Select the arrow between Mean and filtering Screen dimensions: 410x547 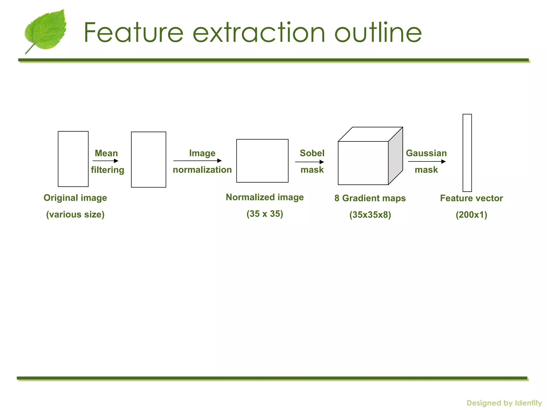105,161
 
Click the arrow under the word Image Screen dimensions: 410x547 197,161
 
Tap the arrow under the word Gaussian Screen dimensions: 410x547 427,161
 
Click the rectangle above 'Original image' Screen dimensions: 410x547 73,159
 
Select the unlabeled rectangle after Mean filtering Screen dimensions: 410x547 149,160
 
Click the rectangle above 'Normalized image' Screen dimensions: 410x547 262,161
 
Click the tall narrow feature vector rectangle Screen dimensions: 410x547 467,153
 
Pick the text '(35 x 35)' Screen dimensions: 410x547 265,214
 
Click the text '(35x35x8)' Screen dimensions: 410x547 370,215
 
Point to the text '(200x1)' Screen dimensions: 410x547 471,215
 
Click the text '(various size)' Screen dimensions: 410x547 75,215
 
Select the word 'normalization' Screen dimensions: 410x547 202,170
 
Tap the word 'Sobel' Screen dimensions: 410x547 312,153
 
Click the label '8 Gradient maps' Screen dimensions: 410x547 370,198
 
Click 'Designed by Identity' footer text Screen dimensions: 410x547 504,403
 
